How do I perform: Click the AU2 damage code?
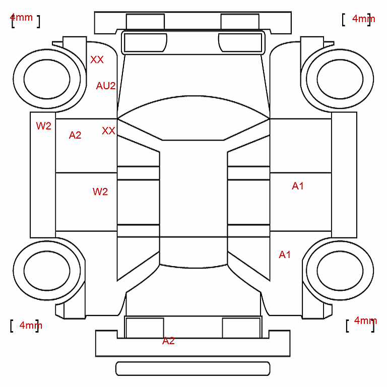click(106, 86)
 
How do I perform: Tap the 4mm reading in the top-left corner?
click(21, 18)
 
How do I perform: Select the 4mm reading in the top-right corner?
click(363, 19)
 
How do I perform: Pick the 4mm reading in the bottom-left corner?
click(31, 325)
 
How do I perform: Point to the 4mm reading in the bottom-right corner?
click(365, 320)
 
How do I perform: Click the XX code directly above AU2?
click(97, 59)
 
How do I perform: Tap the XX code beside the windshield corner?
click(108, 131)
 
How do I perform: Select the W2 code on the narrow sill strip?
click(43, 126)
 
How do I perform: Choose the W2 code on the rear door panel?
click(100, 191)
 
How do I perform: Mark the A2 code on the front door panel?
click(75, 135)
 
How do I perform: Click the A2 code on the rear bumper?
click(168, 341)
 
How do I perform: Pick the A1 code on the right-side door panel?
click(298, 186)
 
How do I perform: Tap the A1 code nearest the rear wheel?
click(285, 254)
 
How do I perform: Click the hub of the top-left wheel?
click(47, 79)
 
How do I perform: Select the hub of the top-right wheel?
click(340, 79)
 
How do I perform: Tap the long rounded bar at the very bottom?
click(193, 368)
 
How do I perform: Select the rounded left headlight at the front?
click(145, 43)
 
